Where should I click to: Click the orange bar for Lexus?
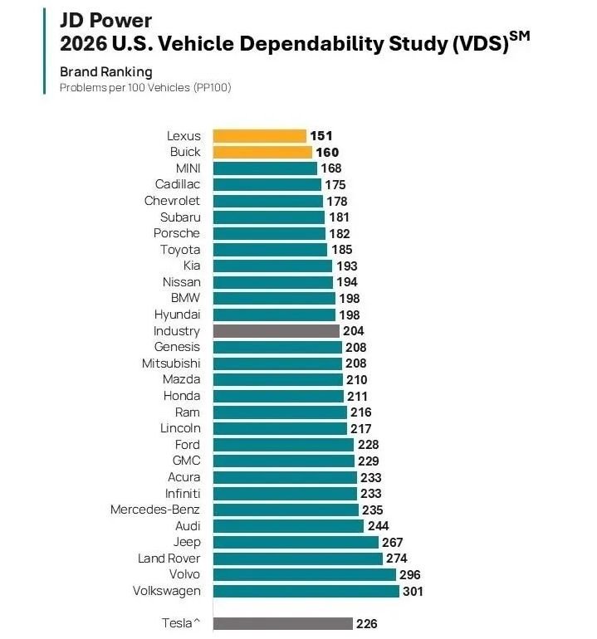click(x=259, y=136)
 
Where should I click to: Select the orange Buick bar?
click(x=262, y=152)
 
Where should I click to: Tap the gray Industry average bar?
click(x=276, y=330)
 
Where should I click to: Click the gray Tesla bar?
click(x=282, y=623)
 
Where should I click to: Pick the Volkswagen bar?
click(x=306, y=591)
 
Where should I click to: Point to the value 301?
click(x=413, y=591)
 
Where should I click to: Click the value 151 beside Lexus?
click(x=322, y=136)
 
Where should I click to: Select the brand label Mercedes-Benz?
click(x=155, y=510)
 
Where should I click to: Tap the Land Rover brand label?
click(x=169, y=559)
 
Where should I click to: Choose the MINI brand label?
click(x=188, y=168)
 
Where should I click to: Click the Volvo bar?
click(x=304, y=574)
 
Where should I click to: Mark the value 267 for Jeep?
click(x=393, y=542)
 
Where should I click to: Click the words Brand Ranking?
click(x=105, y=72)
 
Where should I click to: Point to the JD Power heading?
click(x=105, y=18)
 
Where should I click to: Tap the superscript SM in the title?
click(x=519, y=35)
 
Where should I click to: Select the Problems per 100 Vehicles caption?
click(x=144, y=87)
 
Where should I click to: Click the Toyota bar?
click(x=270, y=249)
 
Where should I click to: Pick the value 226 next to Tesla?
click(x=366, y=623)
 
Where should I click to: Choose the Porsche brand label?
click(x=176, y=233)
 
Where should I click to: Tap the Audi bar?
click(x=288, y=525)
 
